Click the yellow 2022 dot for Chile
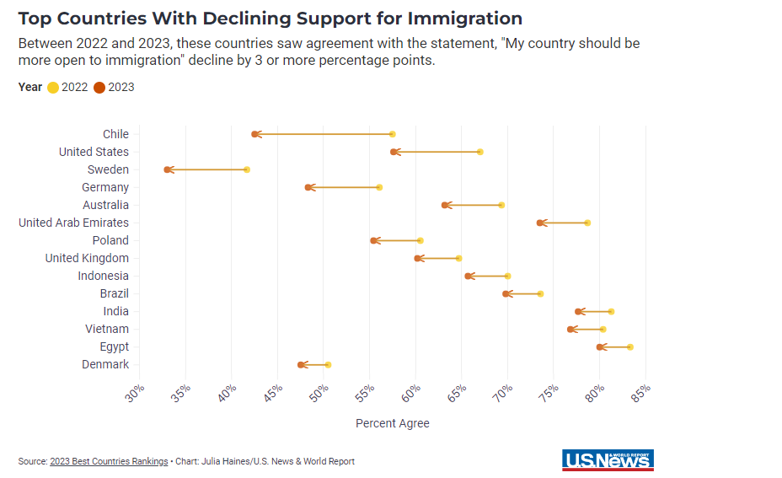pos(392,134)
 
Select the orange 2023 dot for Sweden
pos(167,169)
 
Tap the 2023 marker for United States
pos(394,152)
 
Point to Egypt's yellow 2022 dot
pos(629,347)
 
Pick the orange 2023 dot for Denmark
pos(301,365)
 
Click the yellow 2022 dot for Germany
pos(379,187)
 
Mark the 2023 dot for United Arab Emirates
pos(539,223)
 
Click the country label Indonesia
pos(104,276)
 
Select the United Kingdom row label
pos(87,258)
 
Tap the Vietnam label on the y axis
pos(107,329)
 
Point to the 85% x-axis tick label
pos(640,394)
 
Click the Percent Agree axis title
pos(393,423)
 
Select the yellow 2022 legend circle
pos(53,87)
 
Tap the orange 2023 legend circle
pos(99,87)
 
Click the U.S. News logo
pos(608,459)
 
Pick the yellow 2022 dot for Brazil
pos(540,293)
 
